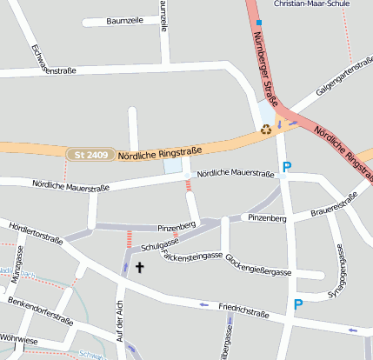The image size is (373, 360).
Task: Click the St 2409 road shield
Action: (90, 155)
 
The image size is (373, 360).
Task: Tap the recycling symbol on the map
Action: (266, 130)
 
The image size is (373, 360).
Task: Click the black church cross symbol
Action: (139, 268)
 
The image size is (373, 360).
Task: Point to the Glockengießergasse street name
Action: (258, 265)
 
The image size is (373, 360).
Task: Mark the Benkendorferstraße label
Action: (39, 310)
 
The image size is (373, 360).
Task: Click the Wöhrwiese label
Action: (19, 340)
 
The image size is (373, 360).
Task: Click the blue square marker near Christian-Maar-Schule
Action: (258, 22)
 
